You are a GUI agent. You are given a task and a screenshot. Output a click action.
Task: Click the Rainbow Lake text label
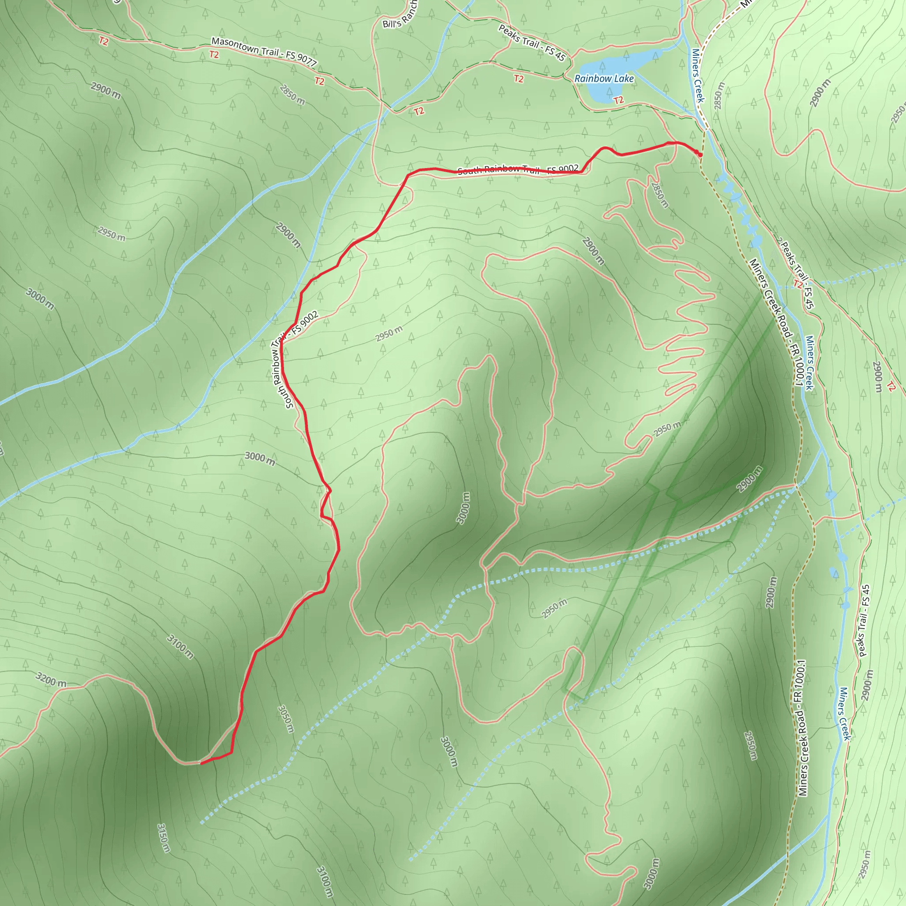click(604, 79)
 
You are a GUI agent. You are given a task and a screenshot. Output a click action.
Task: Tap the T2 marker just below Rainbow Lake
click(618, 100)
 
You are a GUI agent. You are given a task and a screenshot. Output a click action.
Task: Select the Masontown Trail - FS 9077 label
click(264, 51)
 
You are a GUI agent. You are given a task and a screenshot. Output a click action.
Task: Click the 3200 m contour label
click(50, 679)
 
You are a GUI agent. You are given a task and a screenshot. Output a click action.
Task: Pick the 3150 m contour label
click(163, 837)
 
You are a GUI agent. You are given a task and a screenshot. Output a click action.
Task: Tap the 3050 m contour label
click(286, 719)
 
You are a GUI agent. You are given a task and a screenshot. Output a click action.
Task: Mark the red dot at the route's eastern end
click(700, 154)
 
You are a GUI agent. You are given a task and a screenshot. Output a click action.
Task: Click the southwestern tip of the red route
click(202, 763)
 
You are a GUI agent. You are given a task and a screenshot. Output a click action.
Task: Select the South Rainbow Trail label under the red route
click(518, 169)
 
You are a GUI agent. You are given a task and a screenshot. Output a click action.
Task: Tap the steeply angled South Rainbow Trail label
click(295, 360)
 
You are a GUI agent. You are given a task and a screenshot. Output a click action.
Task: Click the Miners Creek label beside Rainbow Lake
click(698, 75)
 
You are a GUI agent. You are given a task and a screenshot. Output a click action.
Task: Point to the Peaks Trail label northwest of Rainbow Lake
click(532, 42)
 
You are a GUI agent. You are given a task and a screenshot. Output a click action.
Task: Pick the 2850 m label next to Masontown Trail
click(292, 94)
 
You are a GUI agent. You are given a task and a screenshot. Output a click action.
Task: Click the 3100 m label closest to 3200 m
click(180, 646)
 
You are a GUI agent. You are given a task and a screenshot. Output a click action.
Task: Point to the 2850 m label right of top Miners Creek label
click(719, 96)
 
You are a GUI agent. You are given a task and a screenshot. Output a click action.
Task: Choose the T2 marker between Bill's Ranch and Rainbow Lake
click(518, 79)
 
